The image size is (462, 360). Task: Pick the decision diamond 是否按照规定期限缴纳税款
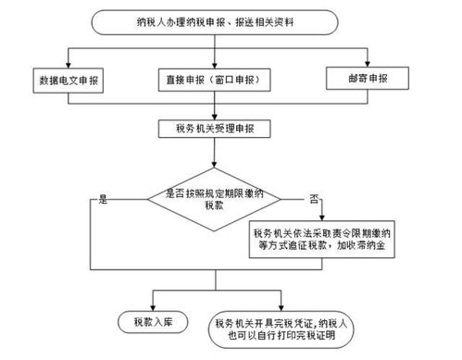(x=212, y=198)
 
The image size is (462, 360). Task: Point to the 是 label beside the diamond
(x=104, y=199)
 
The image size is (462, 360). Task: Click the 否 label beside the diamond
(x=314, y=199)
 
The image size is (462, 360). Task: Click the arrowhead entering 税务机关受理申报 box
(x=213, y=117)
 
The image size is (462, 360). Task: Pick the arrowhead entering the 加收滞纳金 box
(x=327, y=218)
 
